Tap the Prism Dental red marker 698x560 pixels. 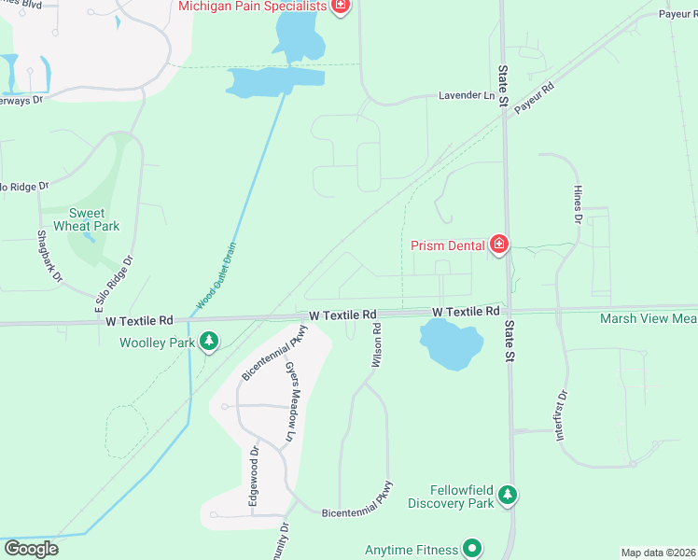[499, 245]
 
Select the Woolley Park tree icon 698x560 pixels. [211, 342]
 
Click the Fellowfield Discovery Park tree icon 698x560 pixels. [507, 495]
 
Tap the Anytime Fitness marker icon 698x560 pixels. [472, 549]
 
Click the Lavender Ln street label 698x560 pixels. [467, 96]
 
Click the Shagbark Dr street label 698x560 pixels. [49, 257]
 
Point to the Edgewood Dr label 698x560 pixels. [253, 477]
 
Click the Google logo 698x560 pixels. [30, 549]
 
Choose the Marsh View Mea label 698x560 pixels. [648, 318]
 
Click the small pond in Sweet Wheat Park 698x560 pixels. [89, 237]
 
